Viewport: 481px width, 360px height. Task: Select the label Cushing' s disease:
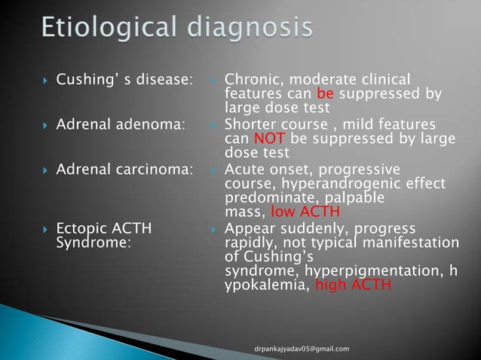tap(125, 81)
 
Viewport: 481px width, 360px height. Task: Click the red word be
tap(348, 95)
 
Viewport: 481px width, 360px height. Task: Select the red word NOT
tap(268, 139)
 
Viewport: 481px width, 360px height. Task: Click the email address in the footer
tap(302, 349)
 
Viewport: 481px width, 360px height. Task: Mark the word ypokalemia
tap(266, 285)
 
